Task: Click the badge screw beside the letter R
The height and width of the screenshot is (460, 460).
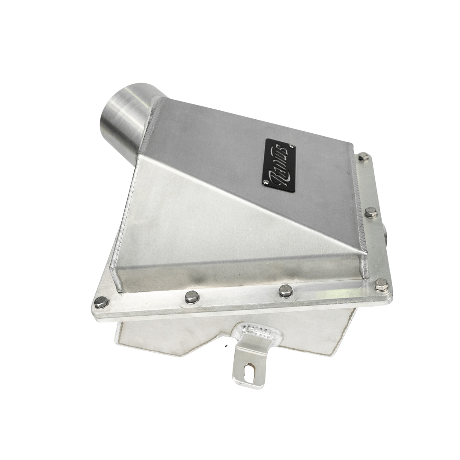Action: pos(267,182)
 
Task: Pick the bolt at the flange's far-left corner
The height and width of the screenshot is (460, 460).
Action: pos(101,302)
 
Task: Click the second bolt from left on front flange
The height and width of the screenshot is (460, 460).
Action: pos(192,296)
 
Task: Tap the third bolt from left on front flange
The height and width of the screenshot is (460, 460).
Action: pos(285,291)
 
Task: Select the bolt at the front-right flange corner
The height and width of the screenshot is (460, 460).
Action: pos(380,284)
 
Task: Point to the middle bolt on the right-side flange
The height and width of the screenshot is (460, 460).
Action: pos(371,213)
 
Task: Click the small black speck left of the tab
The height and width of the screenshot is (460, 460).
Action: pos(227,345)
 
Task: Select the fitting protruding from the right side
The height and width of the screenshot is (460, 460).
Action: pos(385,233)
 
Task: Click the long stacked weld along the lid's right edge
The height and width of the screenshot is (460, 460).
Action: pos(358,200)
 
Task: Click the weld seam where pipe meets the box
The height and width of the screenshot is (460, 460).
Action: pos(149,124)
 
